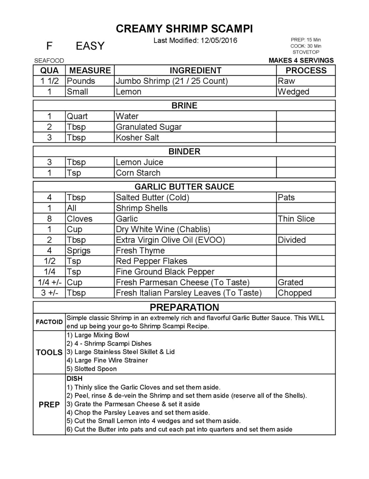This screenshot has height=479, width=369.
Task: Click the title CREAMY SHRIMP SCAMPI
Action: coord(184,29)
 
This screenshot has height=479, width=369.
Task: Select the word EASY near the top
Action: coord(90,46)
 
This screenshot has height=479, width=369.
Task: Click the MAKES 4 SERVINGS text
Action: coord(301,60)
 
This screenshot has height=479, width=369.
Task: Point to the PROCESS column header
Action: coord(306,70)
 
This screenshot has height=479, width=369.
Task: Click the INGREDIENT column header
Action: coord(195,70)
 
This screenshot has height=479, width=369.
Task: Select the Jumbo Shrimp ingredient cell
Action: coord(172,81)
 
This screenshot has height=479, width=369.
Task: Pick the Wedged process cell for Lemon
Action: coord(293,91)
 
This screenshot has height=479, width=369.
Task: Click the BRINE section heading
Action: coord(184,106)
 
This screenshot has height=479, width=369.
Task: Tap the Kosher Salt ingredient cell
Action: coord(137,137)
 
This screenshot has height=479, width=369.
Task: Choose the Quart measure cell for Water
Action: coord(77,116)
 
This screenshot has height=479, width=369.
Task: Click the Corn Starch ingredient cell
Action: coord(138,173)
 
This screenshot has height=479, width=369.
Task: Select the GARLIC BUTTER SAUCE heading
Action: coord(184,187)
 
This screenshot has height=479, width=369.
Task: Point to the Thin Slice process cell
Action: coord(296,219)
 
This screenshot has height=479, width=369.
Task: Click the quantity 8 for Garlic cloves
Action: coord(49,219)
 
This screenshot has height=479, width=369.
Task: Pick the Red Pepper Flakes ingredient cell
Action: coord(151,261)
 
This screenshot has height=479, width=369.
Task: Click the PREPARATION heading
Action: coord(184,307)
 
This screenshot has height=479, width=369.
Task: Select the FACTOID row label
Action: coord(49,322)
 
